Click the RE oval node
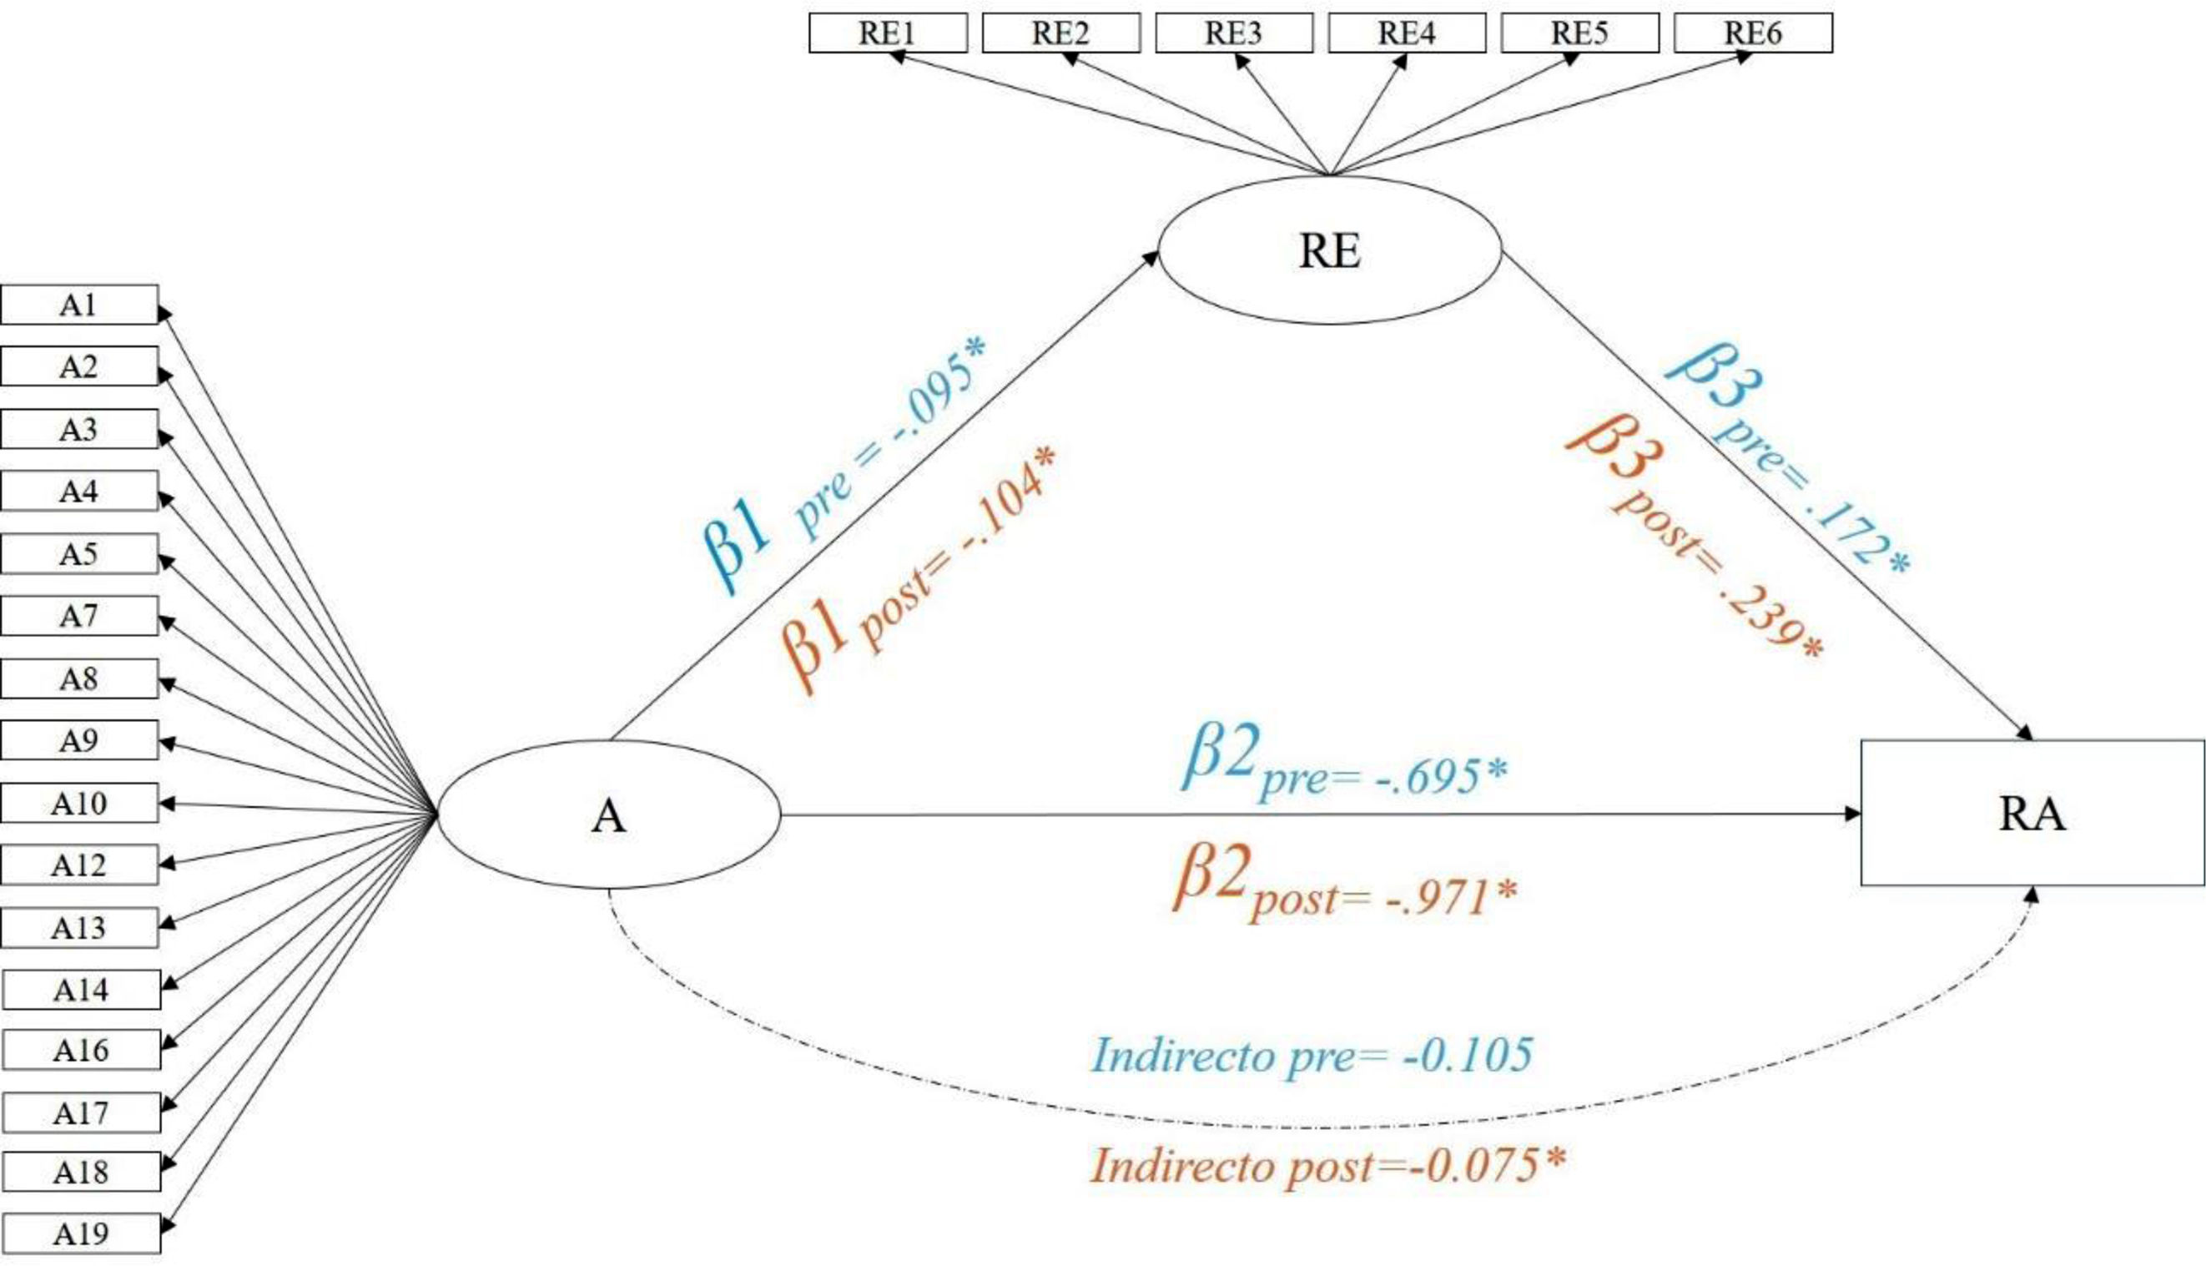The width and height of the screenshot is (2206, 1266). pyautogui.click(x=1330, y=251)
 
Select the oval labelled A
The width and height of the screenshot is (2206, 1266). pyautogui.click(x=608, y=815)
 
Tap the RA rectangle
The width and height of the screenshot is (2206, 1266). pyautogui.click(x=2032, y=813)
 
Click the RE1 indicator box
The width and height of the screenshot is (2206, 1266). pyautogui.click(x=888, y=33)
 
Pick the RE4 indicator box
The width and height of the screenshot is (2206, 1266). pyautogui.click(x=1407, y=33)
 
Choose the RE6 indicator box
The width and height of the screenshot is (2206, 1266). pyautogui.click(x=1752, y=33)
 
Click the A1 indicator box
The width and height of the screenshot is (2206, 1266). pyautogui.click(x=79, y=305)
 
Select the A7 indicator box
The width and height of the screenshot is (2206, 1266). pyautogui.click(x=79, y=617)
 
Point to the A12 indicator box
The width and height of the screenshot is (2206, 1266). pyautogui.click(x=79, y=865)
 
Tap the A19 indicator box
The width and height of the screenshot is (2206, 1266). pyautogui.click(x=81, y=1233)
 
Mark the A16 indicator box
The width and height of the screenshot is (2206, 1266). pyautogui.click(x=81, y=1051)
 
